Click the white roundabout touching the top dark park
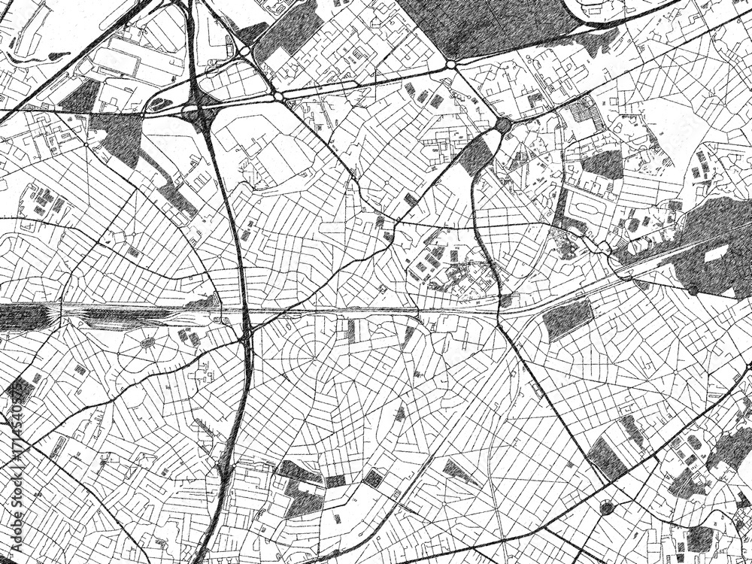point(450,65)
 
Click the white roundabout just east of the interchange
point(278,97)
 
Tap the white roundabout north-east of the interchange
point(245,50)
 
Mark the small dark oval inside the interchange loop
point(158,105)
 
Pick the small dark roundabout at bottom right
point(606,508)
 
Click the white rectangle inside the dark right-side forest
point(715,253)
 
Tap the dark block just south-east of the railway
point(568,320)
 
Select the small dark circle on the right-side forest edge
point(693,290)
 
